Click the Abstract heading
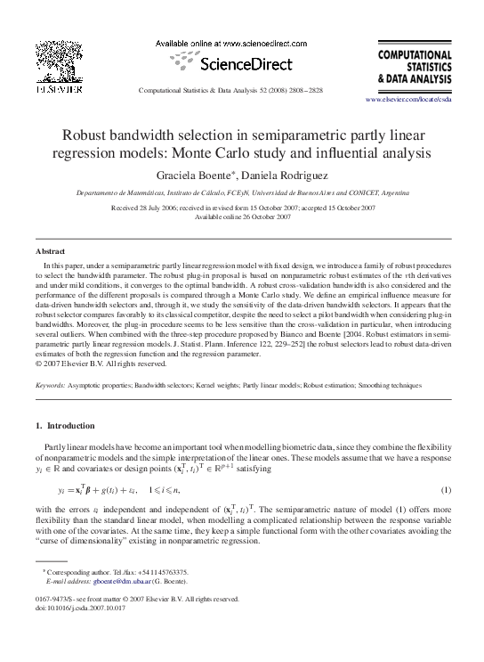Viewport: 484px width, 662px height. pos(50,252)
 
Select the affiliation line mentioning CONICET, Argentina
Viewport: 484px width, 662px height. pos(242,192)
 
